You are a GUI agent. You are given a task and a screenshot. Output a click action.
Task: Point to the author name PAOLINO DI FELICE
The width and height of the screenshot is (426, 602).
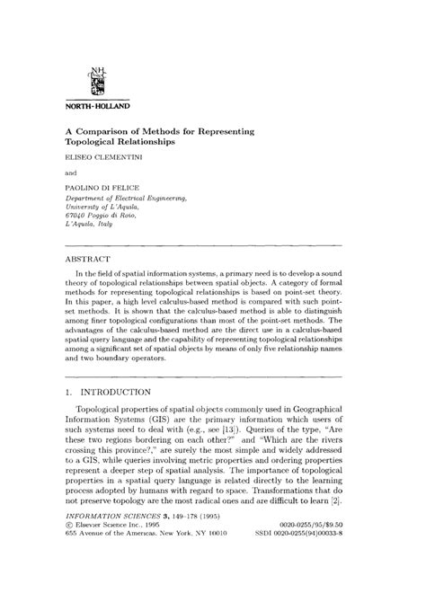[105, 186]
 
